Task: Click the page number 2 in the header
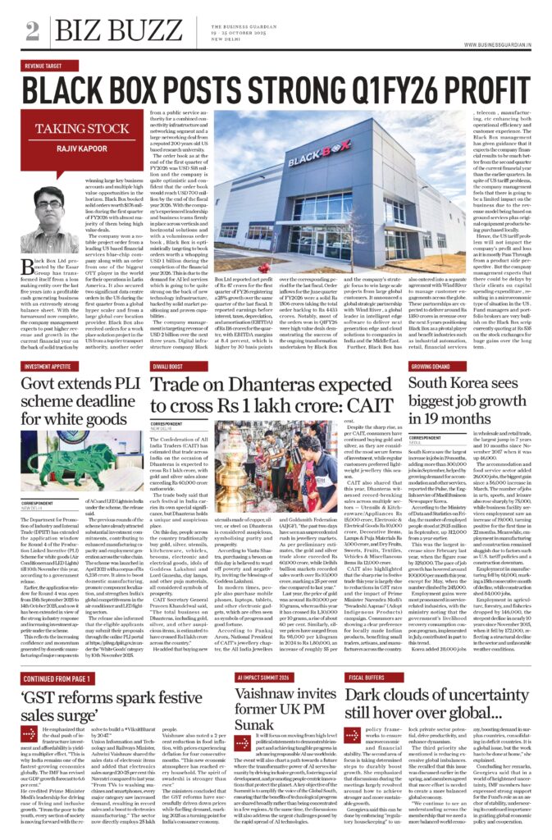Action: (x=32, y=30)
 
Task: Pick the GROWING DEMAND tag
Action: (x=431, y=365)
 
